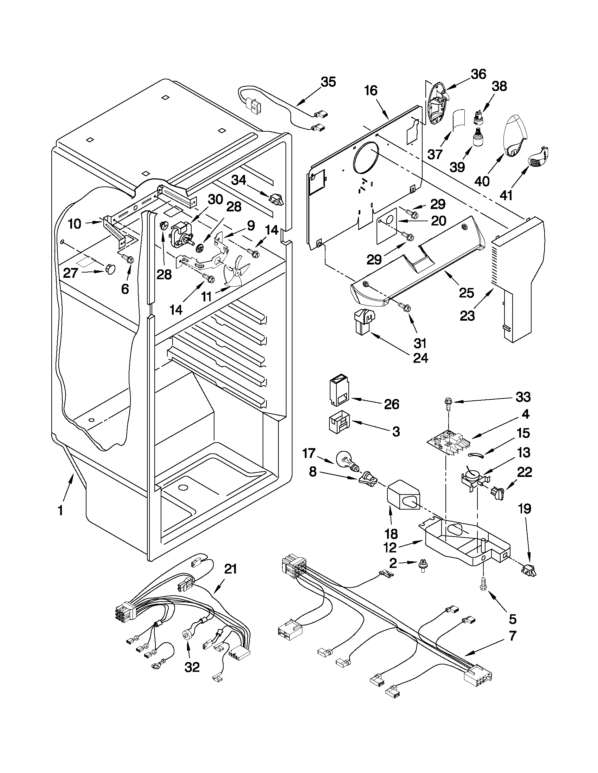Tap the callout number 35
click(328, 82)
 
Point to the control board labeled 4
click(449, 442)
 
